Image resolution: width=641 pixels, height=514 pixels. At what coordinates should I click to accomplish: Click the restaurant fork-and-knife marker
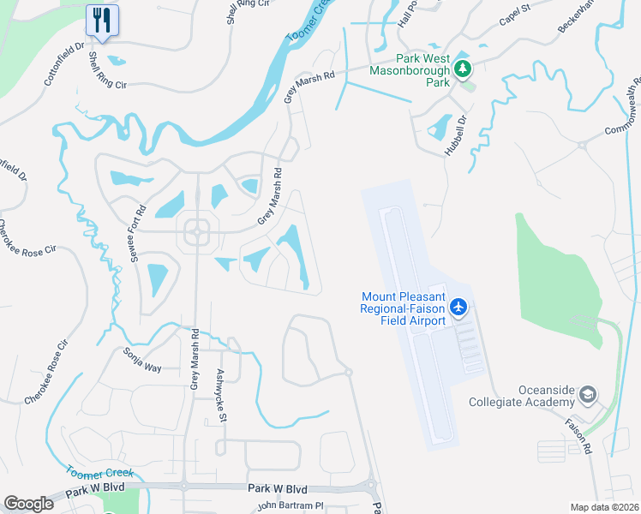pos(103,20)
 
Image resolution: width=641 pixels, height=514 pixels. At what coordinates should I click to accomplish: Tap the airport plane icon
pos(458,306)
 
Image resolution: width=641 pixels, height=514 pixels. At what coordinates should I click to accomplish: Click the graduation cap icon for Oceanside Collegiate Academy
pos(587,395)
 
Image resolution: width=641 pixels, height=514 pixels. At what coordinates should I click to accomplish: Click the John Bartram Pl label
pos(288,505)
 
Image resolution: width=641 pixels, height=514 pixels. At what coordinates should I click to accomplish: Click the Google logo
pos(28,504)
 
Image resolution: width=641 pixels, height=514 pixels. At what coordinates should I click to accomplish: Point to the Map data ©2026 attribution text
pos(604,507)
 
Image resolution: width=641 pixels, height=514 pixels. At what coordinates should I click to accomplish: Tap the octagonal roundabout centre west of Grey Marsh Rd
pos(197,230)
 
